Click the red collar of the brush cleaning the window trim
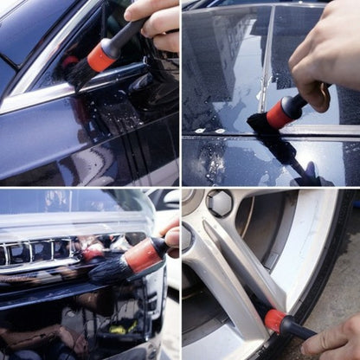tap(101, 57)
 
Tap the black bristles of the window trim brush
tap(79, 73)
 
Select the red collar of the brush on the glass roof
tap(280, 113)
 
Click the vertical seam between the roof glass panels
tap(267, 61)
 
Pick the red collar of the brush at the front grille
tap(142, 256)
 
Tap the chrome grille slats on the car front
tap(35, 253)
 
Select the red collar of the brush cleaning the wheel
tap(275, 320)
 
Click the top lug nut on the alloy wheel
tap(219, 203)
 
